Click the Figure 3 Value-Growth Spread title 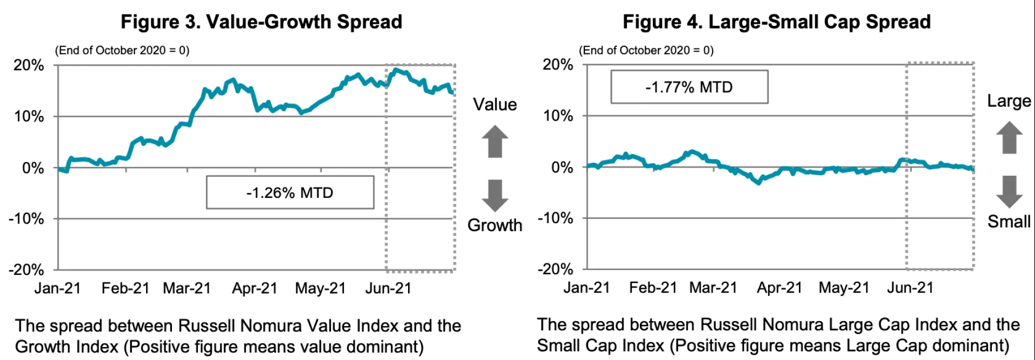(x=261, y=22)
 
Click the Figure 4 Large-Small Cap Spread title (x=776, y=22)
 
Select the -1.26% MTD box (x=290, y=192)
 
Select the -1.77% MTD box (x=689, y=87)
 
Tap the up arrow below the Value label (x=495, y=141)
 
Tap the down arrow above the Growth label (x=495, y=195)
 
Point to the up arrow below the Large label (x=1009, y=137)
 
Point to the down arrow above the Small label (x=1009, y=191)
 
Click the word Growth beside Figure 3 (x=495, y=225)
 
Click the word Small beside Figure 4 (x=1009, y=221)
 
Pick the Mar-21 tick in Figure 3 (x=187, y=288)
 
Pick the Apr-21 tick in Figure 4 (x=779, y=288)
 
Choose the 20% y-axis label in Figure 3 (x=29, y=65)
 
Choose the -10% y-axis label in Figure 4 (x=556, y=218)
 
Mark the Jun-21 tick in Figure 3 (x=388, y=288)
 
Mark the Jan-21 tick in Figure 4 (x=586, y=288)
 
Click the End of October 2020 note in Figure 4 (x=646, y=51)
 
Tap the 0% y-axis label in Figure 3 (x=33, y=168)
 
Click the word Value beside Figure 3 (x=495, y=105)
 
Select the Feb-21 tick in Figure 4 (x=653, y=288)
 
